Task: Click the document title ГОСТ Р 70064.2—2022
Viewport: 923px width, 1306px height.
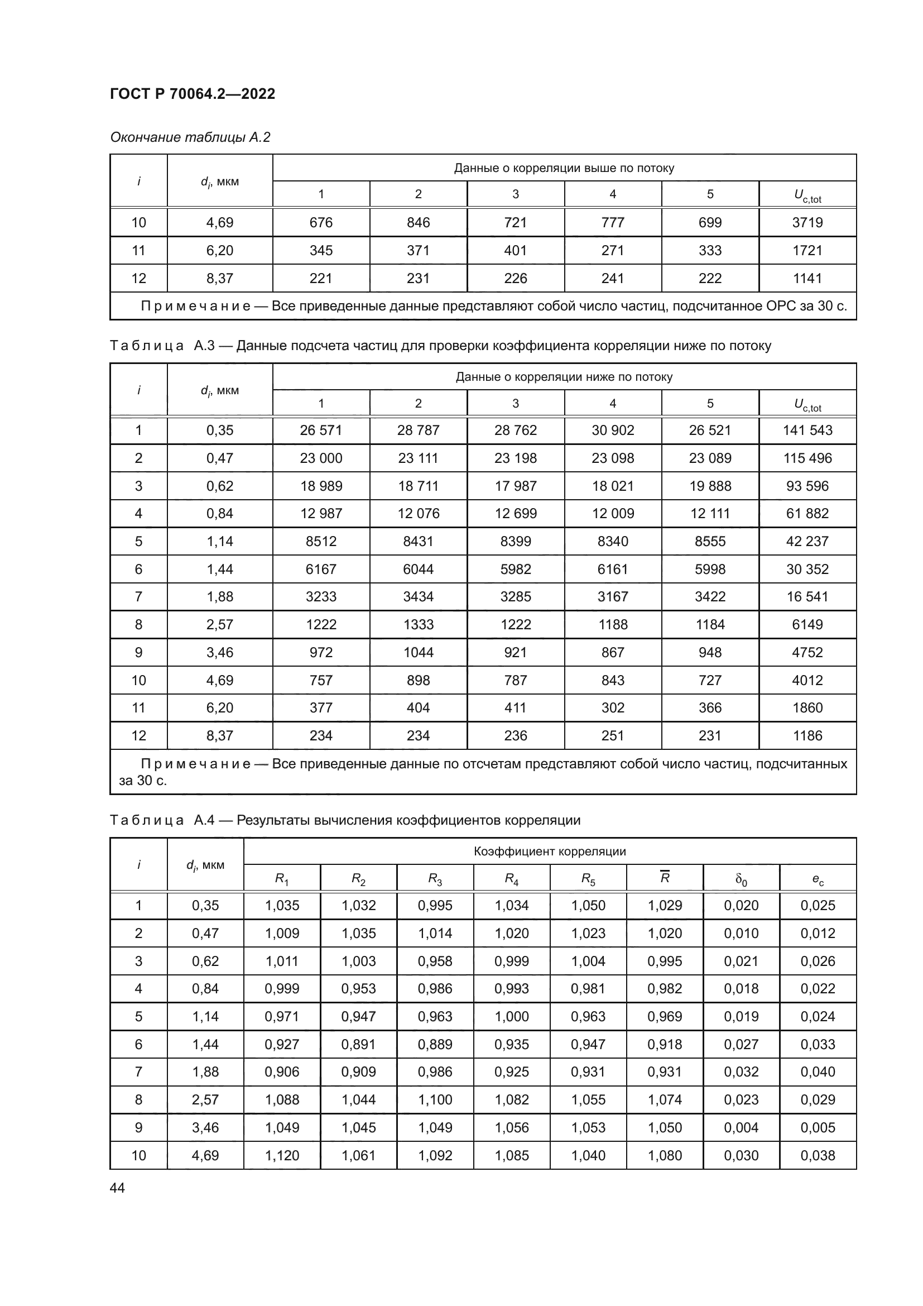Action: click(x=192, y=94)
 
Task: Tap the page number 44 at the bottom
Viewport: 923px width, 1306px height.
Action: click(x=117, y=1188)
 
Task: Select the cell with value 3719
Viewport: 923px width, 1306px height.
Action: click(x=807, y=222)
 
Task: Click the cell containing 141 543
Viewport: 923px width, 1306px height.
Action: click(x=807, y=430)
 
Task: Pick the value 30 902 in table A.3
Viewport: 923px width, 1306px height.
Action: click(x=613, y=430)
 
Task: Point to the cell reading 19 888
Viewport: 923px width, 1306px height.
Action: click(x=710, y=486)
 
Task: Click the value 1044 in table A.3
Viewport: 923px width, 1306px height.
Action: click(x=419, y=652)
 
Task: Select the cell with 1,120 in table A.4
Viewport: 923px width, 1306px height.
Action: click(x=282, y=1155)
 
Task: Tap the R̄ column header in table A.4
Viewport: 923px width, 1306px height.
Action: click(x=665, y=878)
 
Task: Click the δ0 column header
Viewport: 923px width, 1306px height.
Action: click(x=741, y=879)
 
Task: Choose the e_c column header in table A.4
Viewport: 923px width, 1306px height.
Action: click(x=818, y=879)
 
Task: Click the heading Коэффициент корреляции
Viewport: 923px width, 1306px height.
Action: click(x=550, y=851)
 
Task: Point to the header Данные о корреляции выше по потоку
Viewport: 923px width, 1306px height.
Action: click(x=564, y=168)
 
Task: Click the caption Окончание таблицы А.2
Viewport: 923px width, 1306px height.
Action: click(x=190, y=137)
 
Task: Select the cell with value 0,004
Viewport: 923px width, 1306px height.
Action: click(x=741, y=1127)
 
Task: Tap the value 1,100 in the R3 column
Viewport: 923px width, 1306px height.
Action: click(x=435, y=1099)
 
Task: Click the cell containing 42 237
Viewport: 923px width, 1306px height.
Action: click(x=807, y=541)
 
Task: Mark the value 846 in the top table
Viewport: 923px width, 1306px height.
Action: click(x=419, y=222)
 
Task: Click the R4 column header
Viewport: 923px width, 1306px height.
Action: click(x=512, y=879)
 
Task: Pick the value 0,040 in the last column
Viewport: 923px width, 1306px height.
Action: click(x=818, y=1071)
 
